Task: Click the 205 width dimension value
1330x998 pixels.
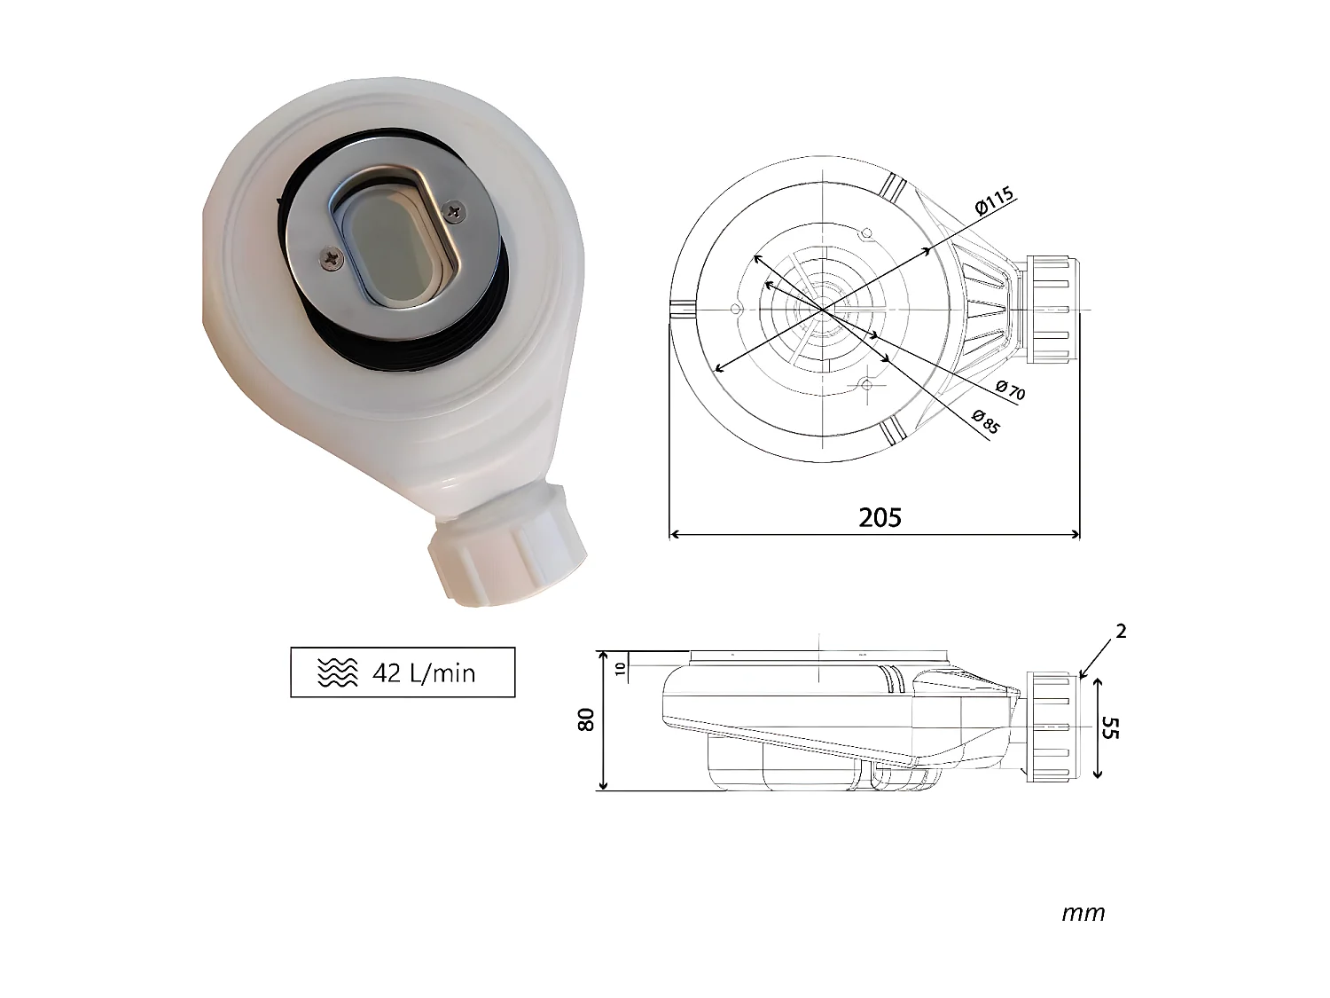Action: click(x=880, y=517)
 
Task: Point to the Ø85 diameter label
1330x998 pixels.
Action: click(x=985, y=420)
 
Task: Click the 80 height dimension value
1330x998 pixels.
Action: click(x=586, y=720)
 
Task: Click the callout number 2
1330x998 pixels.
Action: click(x=1121, y=631)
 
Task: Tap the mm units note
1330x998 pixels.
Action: click(x=1083, y=913)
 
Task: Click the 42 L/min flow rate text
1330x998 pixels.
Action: click(x=424, y=673)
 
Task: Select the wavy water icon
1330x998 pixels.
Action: click(x=337, y=673)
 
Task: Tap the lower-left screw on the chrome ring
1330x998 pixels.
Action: click(x=329, y=258)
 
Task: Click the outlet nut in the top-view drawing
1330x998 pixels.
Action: click(x=1052, y=309)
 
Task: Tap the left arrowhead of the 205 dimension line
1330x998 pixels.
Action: click(x=674, y=534)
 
